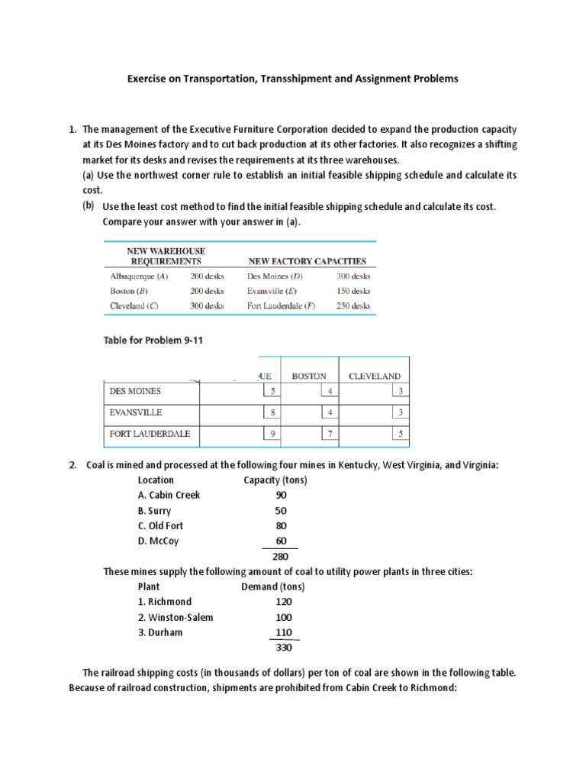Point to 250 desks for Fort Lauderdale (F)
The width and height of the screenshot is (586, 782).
(x=353, y=305)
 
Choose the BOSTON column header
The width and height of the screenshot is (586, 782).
(x=309, y=376)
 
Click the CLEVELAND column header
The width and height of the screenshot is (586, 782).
(x=374, y=376)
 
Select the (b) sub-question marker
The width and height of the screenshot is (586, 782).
(x=89, y=206)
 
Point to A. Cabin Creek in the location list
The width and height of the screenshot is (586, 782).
(x=169, y=495)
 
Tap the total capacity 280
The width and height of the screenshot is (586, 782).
(x=279, y=557)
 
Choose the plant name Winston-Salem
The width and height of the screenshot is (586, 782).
(x=175, y=617)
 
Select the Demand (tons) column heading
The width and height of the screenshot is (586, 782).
(x=272, y=586)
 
